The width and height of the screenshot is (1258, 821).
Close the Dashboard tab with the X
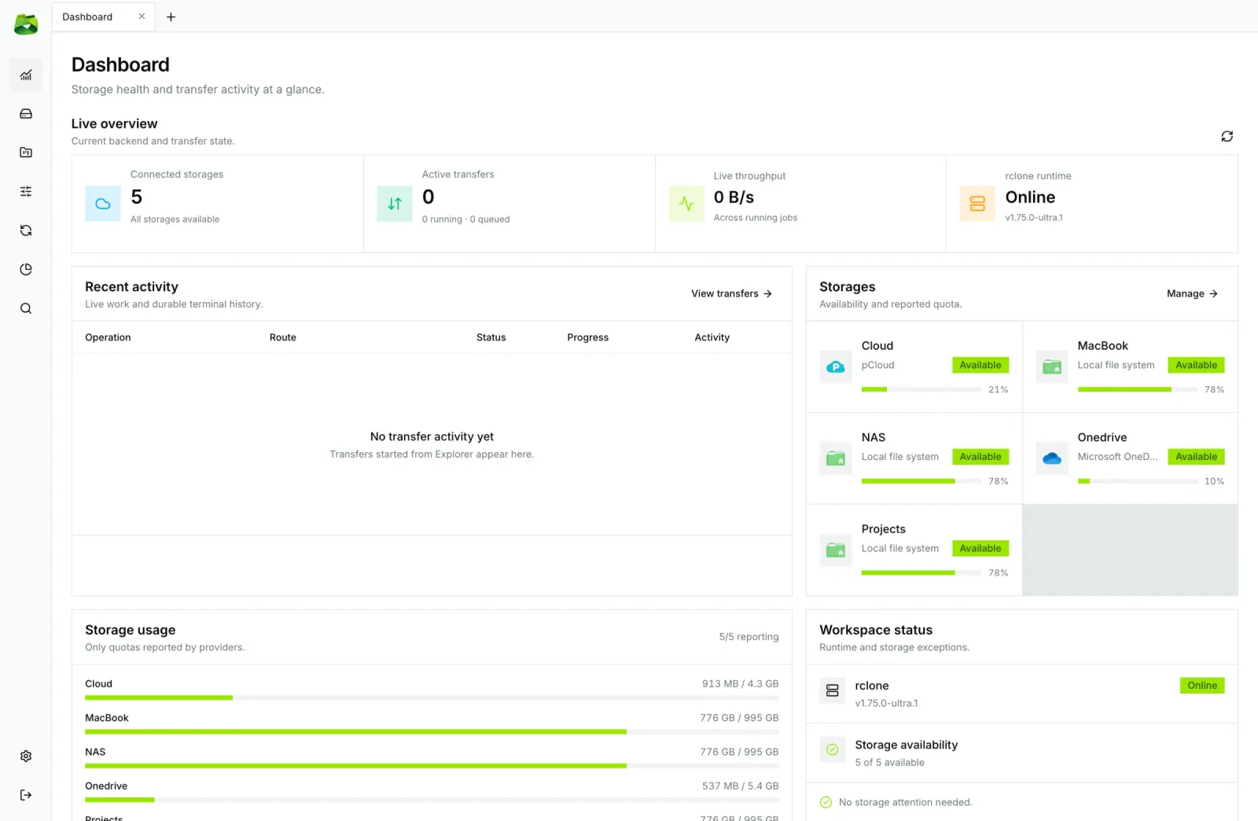pyautogui.click(x=142, y=17)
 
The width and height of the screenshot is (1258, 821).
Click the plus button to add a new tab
pyautogui.click(x=171, y=17)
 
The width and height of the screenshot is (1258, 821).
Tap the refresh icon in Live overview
pyautogui.click(x=1227, y=137)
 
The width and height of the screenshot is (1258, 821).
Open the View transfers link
pyautogui.click(x=731, y=293)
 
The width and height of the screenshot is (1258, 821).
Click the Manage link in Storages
pyautogui.click(x=1192, y=293)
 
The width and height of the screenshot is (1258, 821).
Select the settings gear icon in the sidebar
pyautogui.click(x=26, y=756)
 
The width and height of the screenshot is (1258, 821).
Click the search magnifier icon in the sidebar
pyautogui.click(x=26, y=308)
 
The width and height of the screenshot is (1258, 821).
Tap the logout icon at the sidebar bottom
pyautogui.click(x=26, y=794)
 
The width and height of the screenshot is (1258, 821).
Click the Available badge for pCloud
pyautogui.click(x=980, y=365)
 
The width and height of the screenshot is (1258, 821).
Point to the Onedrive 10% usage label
pyautogui.click(x=1214, y=481)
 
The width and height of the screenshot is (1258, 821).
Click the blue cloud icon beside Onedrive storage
pyautogui.click(x=1051, y=458)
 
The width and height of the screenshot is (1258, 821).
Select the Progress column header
pyautogui.click(x=587, y=337)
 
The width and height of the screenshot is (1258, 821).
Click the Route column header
pyautogui.click(x=282, y=337)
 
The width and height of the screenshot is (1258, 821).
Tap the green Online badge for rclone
pyautogui.click(x=1202, y=685)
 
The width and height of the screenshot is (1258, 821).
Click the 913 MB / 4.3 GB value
pyautogui.click(x=740, y=683)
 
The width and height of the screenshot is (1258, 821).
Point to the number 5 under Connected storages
pyautogui.click(x=137, y=197)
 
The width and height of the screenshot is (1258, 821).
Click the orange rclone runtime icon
pyautogui.click(x=977, y=204)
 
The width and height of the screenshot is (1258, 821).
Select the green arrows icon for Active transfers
pyautogui.click(x=394, y=204)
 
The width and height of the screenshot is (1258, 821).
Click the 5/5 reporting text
pyautogui.click(x=749, y=637)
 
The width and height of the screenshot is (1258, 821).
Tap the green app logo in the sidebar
pyautogui.click(x=26, y=24)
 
